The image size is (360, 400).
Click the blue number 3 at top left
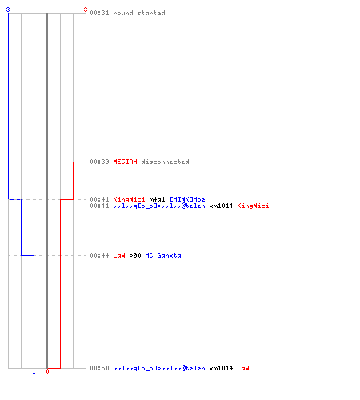(x=8, y=10)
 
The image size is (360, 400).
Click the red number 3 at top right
(x=86, y=10)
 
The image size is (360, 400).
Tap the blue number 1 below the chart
(x=34, y=371)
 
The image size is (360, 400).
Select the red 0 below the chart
(x=47, y=371)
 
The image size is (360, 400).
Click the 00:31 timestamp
(x=99, y=13)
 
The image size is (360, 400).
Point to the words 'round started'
(x=139, y=13)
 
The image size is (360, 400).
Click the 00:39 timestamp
(x=99, y=162)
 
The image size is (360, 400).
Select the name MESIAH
(x=125, y=162)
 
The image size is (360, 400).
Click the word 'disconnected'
(x=165, y=162)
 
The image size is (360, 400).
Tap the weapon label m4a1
(x=157, y=199)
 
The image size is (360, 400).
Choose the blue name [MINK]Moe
(x=187, y=199)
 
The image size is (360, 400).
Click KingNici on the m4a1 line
(x=129, y=199)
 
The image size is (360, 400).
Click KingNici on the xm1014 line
(x=253, y=206)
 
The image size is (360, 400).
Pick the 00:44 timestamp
(x=99, y=255)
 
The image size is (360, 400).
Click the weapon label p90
(x=135, y=256)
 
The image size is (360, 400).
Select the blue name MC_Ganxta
(x=163, y=255)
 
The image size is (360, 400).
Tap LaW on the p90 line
(x=119, y=255)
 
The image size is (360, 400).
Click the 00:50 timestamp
(x=99, y=368)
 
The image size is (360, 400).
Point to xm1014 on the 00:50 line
(x=221, y=368)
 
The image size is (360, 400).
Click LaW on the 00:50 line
(x=243, y=368)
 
